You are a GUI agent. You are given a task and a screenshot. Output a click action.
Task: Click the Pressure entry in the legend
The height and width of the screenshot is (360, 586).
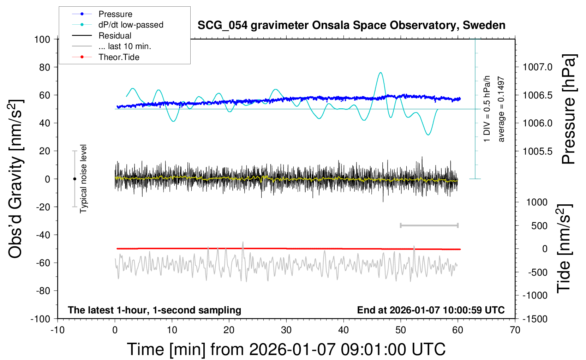pos(115,14)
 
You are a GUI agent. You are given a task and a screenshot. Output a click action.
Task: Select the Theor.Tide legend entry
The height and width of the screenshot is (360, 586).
pos(119,57)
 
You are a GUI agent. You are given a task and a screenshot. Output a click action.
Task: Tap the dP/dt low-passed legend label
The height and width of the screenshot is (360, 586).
pos(131,25)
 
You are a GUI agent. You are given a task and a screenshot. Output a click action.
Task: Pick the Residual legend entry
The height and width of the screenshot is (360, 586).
pos(115,36)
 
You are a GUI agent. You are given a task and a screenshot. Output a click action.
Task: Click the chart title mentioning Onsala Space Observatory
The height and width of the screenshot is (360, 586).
pos(351,25)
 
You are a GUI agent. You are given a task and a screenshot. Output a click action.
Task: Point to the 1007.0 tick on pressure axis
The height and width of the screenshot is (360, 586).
pos(537,67)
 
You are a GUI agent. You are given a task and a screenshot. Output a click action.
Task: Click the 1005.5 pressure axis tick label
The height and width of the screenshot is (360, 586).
pos(537,151)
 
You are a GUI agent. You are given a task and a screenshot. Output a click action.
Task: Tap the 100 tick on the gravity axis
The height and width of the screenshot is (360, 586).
pos(42,39)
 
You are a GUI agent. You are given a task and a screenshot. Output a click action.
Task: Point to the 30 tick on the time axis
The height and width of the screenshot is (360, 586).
pos(286,330)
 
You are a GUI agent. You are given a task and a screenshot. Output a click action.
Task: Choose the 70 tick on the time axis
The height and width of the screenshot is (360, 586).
pos(515,330)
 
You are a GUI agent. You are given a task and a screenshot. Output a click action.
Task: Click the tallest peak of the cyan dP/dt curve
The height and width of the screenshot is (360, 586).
pos(380,73)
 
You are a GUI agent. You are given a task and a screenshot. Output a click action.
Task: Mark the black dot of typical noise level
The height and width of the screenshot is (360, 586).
pos(74,179)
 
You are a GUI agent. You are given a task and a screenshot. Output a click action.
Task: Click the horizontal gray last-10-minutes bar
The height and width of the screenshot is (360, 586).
pos(429,225)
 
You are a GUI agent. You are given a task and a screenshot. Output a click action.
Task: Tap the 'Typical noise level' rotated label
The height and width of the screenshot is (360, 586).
pos(83,179)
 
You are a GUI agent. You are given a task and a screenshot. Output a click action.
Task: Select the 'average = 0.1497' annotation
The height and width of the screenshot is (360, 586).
pos(501,109)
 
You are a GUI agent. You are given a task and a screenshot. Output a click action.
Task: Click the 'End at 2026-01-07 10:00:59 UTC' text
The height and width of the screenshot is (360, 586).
pos(431,310)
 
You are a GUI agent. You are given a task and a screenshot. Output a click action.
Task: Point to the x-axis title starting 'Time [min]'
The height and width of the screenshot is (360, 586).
pos(286,349)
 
